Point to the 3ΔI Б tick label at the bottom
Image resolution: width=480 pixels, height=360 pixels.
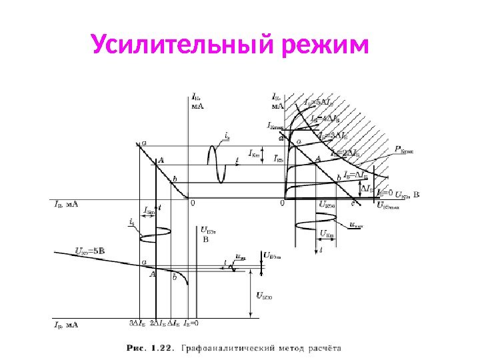[137, 323]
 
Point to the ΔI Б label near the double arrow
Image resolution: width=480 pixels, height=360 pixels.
[368, 189]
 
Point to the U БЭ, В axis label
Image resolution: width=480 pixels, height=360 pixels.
[207, 233]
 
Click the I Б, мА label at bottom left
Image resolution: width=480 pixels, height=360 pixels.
[66, 325]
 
